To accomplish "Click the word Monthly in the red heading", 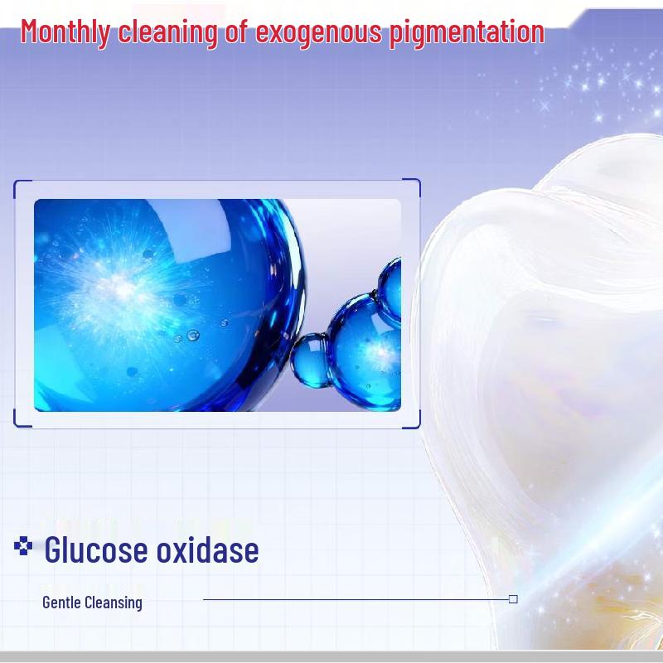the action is [65, 32].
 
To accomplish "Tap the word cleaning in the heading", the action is [168, 32].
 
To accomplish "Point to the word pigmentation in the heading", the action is [467, 32].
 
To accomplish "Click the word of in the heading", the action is [237, 31].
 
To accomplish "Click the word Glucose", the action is [96, 549].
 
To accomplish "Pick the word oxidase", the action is [208, 549].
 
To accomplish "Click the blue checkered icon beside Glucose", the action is [23, 545].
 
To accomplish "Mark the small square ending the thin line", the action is [513, 599].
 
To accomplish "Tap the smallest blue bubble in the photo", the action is [310, 361].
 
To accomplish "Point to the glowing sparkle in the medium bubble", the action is [380, 351].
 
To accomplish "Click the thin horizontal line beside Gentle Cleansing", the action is [356, 599].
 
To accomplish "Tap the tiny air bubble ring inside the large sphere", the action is [193, 336].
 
